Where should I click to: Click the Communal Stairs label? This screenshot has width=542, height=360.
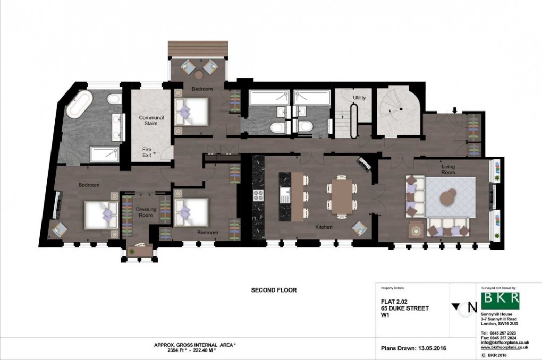pos(151,121)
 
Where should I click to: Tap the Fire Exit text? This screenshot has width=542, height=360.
pos(147,152)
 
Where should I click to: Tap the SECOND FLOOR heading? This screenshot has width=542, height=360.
pos(274,290)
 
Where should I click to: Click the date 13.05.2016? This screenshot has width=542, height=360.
pos(429,349)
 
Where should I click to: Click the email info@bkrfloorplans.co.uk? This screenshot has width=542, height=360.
pos(504,343)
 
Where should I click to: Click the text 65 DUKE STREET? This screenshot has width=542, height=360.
pos(404,308)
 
